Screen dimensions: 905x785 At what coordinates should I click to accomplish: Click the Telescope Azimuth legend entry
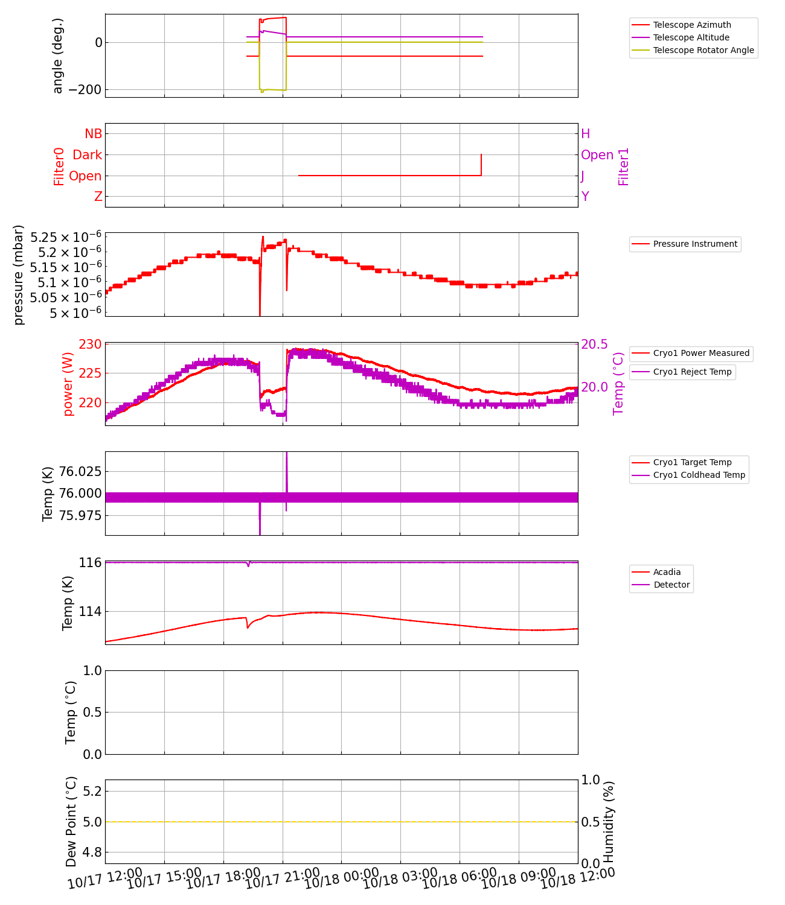click(692, 25)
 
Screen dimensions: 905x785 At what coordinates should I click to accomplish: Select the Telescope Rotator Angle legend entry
click(703, 50)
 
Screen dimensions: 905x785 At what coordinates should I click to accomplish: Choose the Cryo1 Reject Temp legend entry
click(692, 372)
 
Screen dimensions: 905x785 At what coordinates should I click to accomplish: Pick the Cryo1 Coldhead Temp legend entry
click(699, 475)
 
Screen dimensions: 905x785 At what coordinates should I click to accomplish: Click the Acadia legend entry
click(667, 572)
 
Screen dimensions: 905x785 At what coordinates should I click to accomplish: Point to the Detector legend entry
click(671, 585)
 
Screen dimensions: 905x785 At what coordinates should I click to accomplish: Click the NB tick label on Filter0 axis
click(93, 134)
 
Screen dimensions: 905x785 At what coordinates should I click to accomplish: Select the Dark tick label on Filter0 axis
click(87, 155)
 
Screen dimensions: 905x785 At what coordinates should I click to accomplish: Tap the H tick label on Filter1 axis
click(585, 134)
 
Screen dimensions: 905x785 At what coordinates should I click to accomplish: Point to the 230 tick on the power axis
click(91, 345)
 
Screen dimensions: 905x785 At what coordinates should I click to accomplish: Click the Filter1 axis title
click(624, 167)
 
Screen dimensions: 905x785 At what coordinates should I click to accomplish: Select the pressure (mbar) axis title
click(19, 275)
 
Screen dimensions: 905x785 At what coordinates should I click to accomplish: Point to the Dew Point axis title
click(71, 822)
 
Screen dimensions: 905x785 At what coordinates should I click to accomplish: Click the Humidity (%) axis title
click(609, 822)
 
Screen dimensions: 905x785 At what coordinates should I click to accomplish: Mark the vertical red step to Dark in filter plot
click(481, 165)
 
